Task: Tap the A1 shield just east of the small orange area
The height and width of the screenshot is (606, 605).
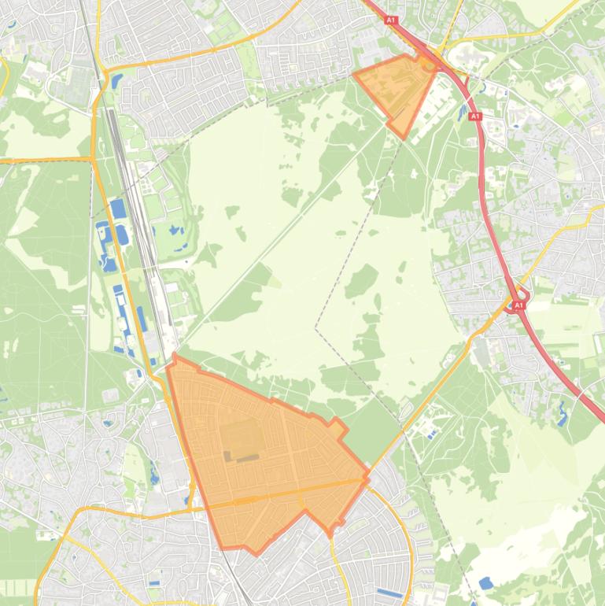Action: coord(474,116)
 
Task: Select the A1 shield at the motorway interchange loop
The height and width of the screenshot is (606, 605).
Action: coord(518,305)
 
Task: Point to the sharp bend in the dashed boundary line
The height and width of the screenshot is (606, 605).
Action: coord(316,328)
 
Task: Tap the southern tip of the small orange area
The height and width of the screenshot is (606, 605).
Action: coord(404,138)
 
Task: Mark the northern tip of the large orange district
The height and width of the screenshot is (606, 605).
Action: coord(174,356)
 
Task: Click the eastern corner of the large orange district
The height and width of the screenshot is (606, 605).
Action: coord(368,476)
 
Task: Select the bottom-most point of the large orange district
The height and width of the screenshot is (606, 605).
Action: coord(256,553)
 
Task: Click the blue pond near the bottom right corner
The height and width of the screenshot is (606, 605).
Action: coord(485,583)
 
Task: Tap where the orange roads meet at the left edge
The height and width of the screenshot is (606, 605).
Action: coord(93,160)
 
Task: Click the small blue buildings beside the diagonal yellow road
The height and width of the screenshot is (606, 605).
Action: coord(431,432)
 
